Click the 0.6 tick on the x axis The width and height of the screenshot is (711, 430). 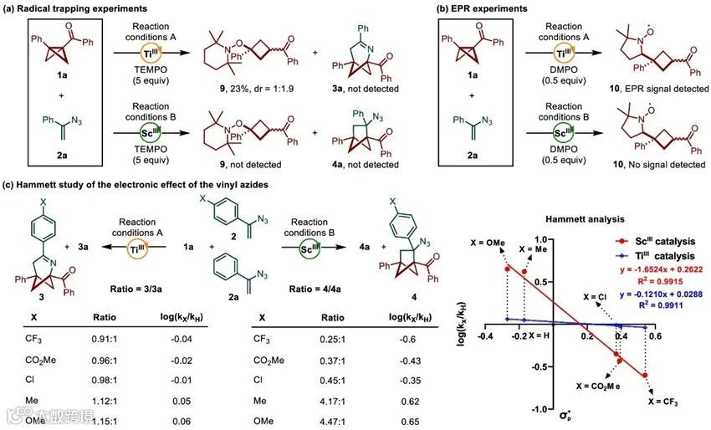654,336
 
